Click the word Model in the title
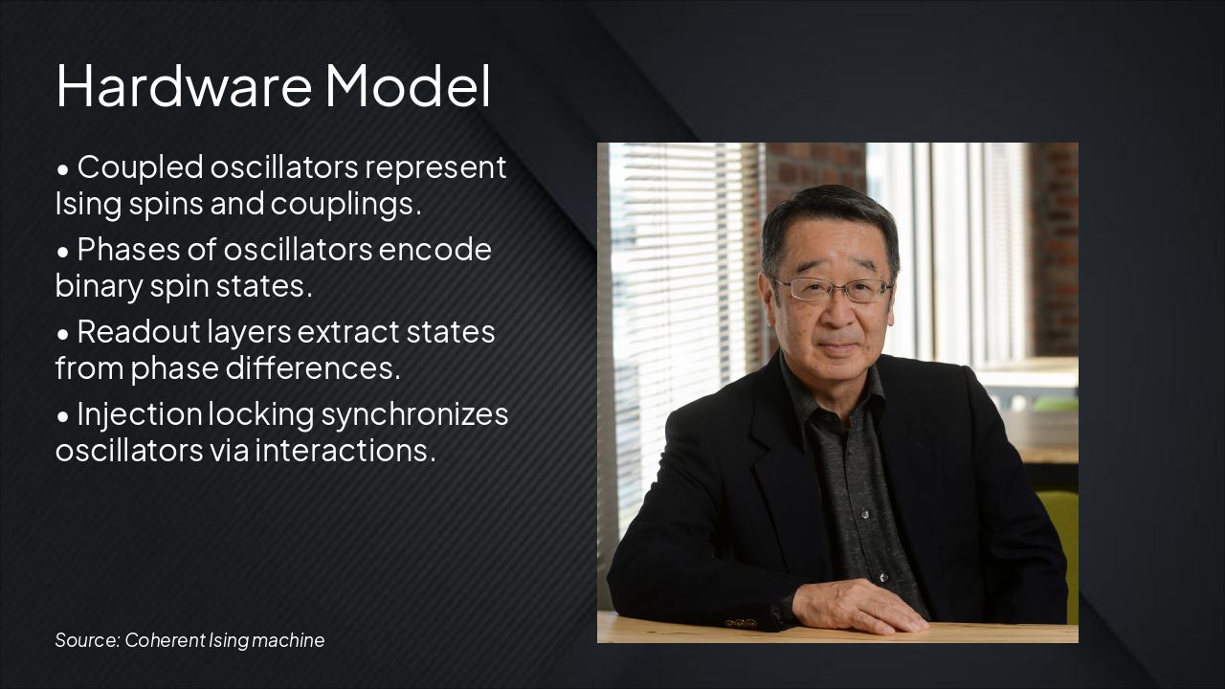408,85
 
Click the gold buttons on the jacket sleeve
741,623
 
